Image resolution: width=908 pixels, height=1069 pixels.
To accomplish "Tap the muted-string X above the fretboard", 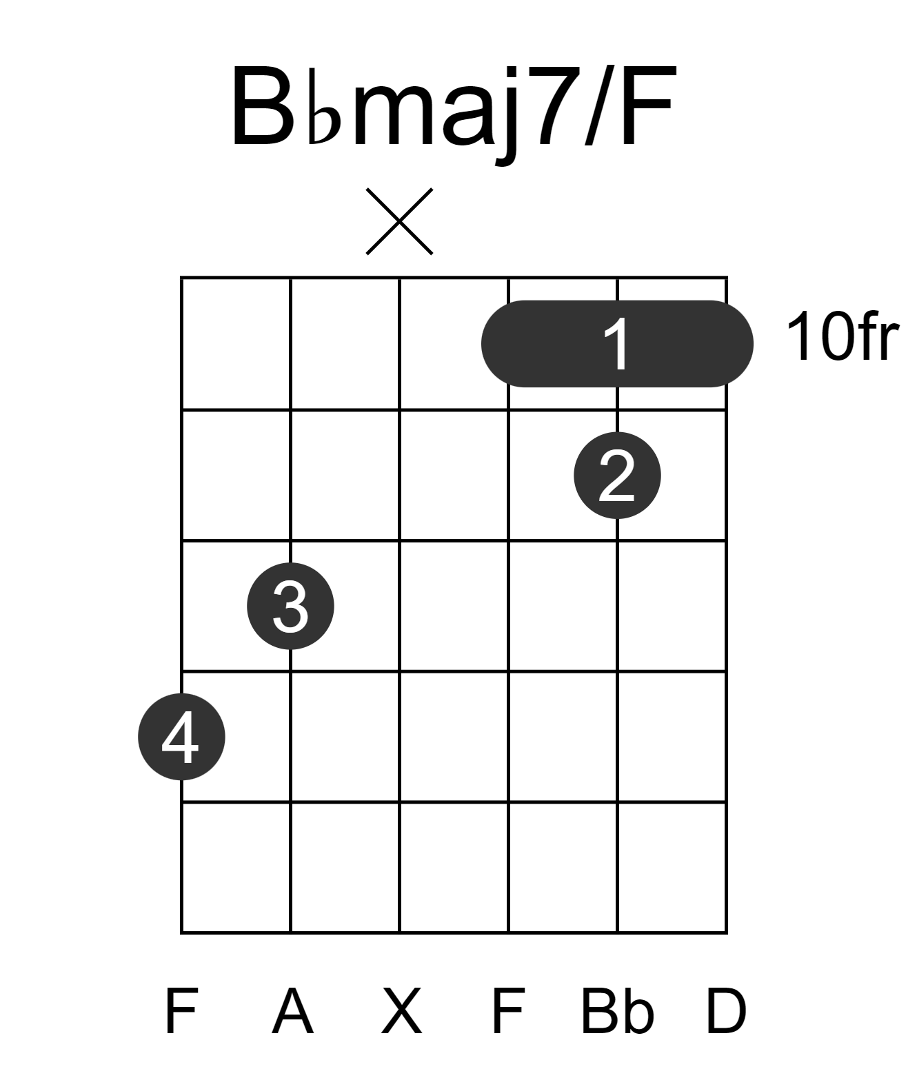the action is (x=399, y=221).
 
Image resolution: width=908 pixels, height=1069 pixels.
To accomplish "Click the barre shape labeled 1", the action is (x=617, y=344).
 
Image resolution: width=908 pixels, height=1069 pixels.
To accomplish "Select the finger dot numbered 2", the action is (x=617, y=476).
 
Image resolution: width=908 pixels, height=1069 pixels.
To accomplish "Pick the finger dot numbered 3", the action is (x=290, y=606).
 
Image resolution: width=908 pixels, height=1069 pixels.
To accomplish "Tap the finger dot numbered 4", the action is (x=181, y=737).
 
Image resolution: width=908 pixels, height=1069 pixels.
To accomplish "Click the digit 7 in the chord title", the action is (x=554, y=107).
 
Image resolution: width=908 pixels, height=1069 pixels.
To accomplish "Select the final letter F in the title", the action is (x=648, y=107).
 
